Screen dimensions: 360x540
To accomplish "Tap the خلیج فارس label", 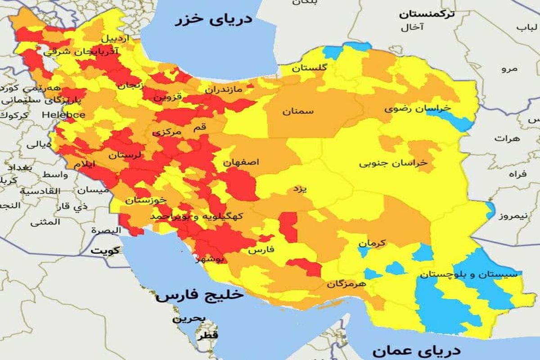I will coord(200,296).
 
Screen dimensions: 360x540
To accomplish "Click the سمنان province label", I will coord(298,111).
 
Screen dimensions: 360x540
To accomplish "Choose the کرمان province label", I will coord(372,243).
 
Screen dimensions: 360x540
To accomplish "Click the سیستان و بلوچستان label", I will coord(471,274).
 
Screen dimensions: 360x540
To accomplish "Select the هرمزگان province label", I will coord(346,284).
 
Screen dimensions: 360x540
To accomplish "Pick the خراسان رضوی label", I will coord(417,108).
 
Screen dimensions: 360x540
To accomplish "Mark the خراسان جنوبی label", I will coord(393,163).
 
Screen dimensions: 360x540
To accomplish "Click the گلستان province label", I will coord(309,68).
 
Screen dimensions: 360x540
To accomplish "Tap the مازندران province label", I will coord(224,90).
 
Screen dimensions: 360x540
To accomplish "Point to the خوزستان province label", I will coord(146,199).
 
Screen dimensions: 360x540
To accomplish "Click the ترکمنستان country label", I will coord(427,14).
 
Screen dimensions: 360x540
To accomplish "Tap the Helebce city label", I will coord(63,115).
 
